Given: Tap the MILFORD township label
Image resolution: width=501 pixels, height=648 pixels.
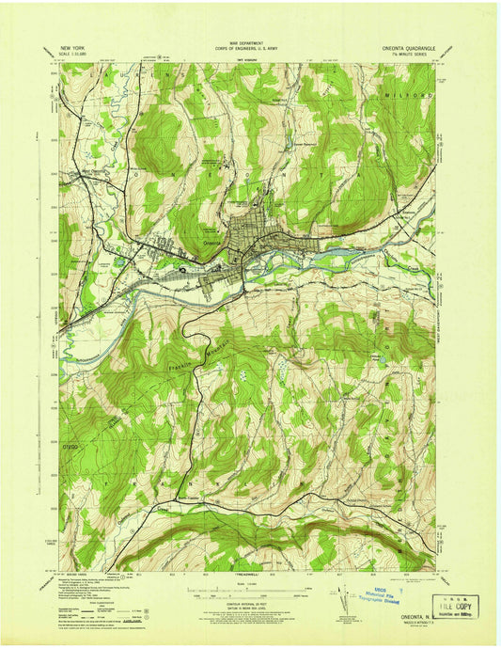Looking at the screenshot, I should (408, 96).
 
